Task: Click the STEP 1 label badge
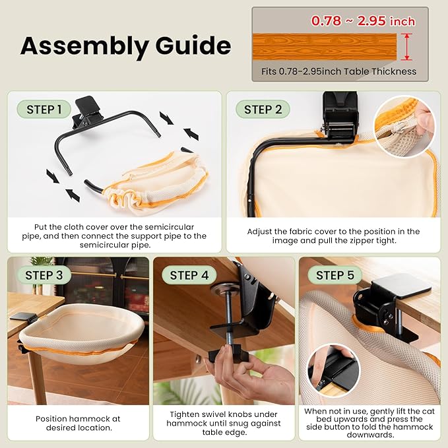tap(44, 110)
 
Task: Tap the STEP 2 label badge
tap(263, 110)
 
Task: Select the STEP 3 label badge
tap(44, 275)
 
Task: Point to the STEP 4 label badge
tap(189, 275)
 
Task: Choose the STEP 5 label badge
tap(335, 275)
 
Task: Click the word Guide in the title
tap(193, 45)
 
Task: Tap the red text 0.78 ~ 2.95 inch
tap(363, 21)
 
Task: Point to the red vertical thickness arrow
tap(406, 47)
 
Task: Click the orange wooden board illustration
tap(325, 47)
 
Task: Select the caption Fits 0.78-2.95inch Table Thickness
tap(338, 71)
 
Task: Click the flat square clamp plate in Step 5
tap(402, 285)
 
